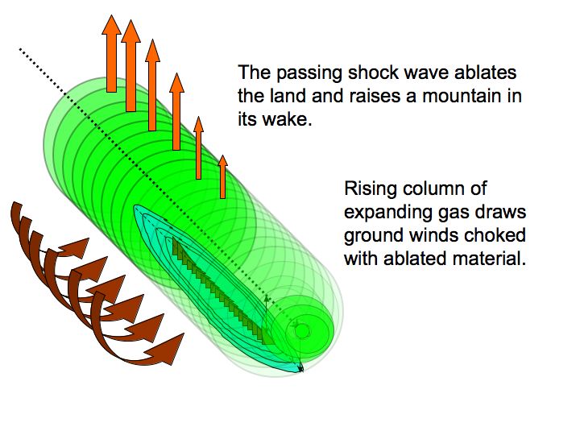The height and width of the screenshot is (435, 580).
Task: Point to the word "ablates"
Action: (485, 72)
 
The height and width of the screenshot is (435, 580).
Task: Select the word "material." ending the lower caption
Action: (490, 259)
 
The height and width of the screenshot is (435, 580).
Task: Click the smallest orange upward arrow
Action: (222, 176)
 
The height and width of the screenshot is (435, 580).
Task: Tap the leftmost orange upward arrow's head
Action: (111, 25)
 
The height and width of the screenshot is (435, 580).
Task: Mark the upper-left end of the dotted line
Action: (19, 48)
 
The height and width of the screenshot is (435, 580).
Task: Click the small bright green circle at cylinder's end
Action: (302, 331)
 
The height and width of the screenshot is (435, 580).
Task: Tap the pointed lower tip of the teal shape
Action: (302, 371)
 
